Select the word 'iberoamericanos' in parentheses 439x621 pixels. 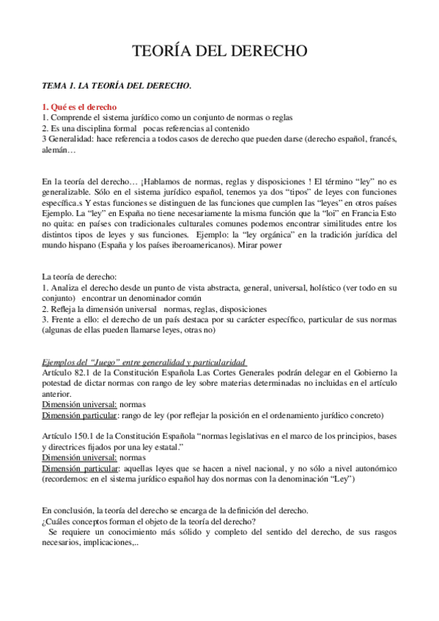coord(196,246)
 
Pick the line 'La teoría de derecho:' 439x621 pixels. coord(80,277)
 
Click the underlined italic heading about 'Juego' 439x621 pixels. coord(144,362)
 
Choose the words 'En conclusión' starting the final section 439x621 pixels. coord(68,510)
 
